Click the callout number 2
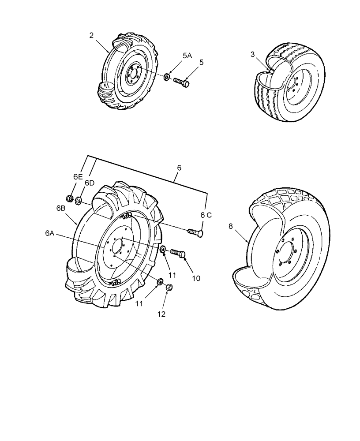point(91,36)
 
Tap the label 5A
point(187,56)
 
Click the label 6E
point(78,176)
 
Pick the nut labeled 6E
point(69,198)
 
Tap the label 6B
point(60,208)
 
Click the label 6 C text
point(206,215)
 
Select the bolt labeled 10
point(177,253)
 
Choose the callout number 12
point(162,314)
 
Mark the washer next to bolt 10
point(163,250)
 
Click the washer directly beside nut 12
point(159,281)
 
